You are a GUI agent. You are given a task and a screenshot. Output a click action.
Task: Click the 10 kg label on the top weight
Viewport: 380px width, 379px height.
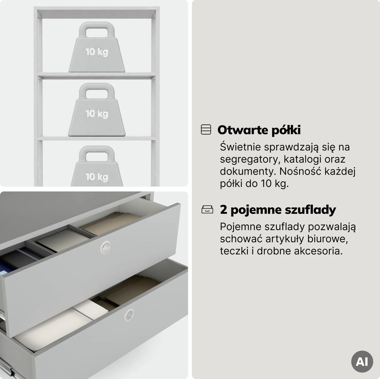97,52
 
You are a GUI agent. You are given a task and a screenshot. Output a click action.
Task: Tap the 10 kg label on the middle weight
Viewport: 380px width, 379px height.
97,114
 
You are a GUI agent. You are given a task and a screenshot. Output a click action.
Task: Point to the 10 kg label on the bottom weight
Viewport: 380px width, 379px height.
97,177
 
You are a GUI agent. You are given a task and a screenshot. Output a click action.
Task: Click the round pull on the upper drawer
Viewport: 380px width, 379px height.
105,247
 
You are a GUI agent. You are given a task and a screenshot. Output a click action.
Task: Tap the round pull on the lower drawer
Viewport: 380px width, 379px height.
129,315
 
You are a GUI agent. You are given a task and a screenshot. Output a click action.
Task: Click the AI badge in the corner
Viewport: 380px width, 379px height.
362,362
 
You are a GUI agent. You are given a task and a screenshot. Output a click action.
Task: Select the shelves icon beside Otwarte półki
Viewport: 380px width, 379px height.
206,130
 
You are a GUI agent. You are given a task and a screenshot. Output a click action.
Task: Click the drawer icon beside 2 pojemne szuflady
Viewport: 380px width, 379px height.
207,210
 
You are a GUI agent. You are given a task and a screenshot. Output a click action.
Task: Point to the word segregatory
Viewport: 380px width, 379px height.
250,160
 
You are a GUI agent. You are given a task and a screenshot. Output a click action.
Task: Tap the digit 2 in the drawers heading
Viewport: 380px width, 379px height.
224,210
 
